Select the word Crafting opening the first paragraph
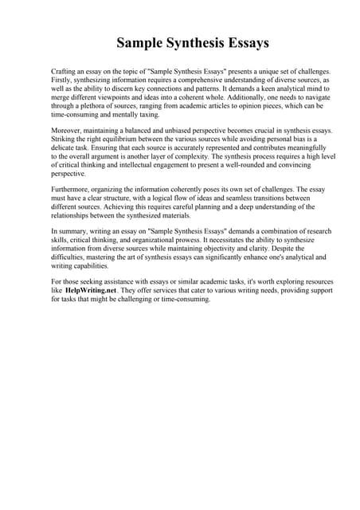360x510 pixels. pos(65,72)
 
